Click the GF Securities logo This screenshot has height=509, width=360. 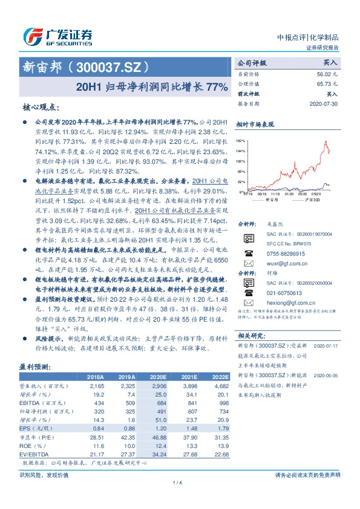click(x=57, y=36)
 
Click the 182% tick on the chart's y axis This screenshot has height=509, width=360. click(x=241, y=140)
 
